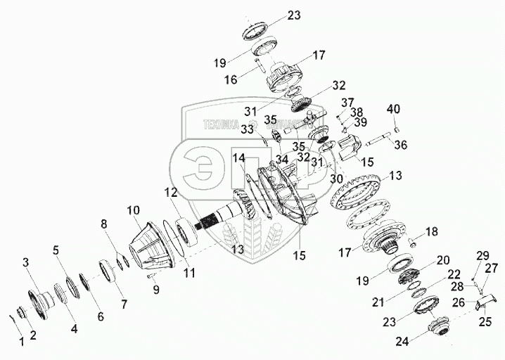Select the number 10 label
[x=134, y=210]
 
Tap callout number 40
[x=392, y=110]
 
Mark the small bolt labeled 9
[x=151, y=276]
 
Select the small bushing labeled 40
[x=396, y=129]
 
